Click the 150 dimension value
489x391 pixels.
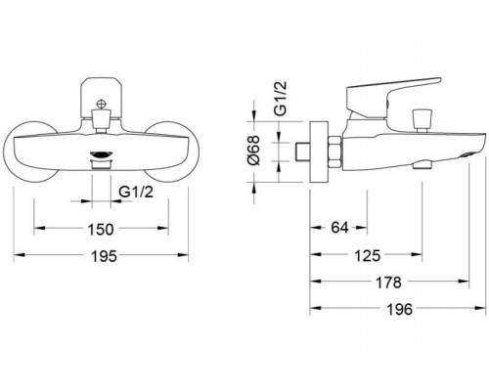point(101,229)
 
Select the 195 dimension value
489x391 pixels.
point(104,256)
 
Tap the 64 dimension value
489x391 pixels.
point(339,228)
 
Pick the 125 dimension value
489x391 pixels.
point(368,256)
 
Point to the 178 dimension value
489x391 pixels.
point(388,282)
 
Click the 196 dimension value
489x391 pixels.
point(400,309)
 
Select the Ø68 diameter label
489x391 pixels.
point(253,151)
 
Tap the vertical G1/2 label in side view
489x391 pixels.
point(281,98)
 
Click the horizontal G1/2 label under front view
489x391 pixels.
point(136,193)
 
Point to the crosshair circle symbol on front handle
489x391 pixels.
point(101,105)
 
